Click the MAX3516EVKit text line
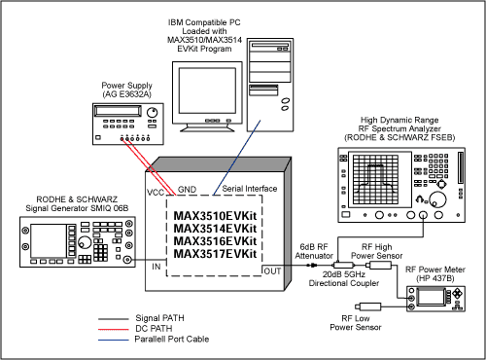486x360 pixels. (x=215, y=241)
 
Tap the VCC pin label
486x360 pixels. (x=156, y=193)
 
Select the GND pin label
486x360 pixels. (x=187, y=190)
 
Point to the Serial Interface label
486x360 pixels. (x=250, y=189)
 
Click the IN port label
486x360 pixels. (x=156, y=267)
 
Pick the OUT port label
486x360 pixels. (x=272, y=271)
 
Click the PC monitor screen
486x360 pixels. (x=207, y=90)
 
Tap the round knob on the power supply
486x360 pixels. (x=152, y=113)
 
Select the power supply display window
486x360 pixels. (x=118, y=111)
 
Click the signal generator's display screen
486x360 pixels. (x=49, y=240)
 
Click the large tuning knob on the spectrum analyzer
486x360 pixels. (x=437, y=199)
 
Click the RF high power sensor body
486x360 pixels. (x=380, y=266)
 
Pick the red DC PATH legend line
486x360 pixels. (x=114, y=330)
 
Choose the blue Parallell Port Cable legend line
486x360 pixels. (x=114, y=341)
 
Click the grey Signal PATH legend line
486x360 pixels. (x=114, y=319)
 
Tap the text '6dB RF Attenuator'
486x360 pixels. (x=314, y=251)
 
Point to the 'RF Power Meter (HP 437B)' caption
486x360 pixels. (x=435, y=273)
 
